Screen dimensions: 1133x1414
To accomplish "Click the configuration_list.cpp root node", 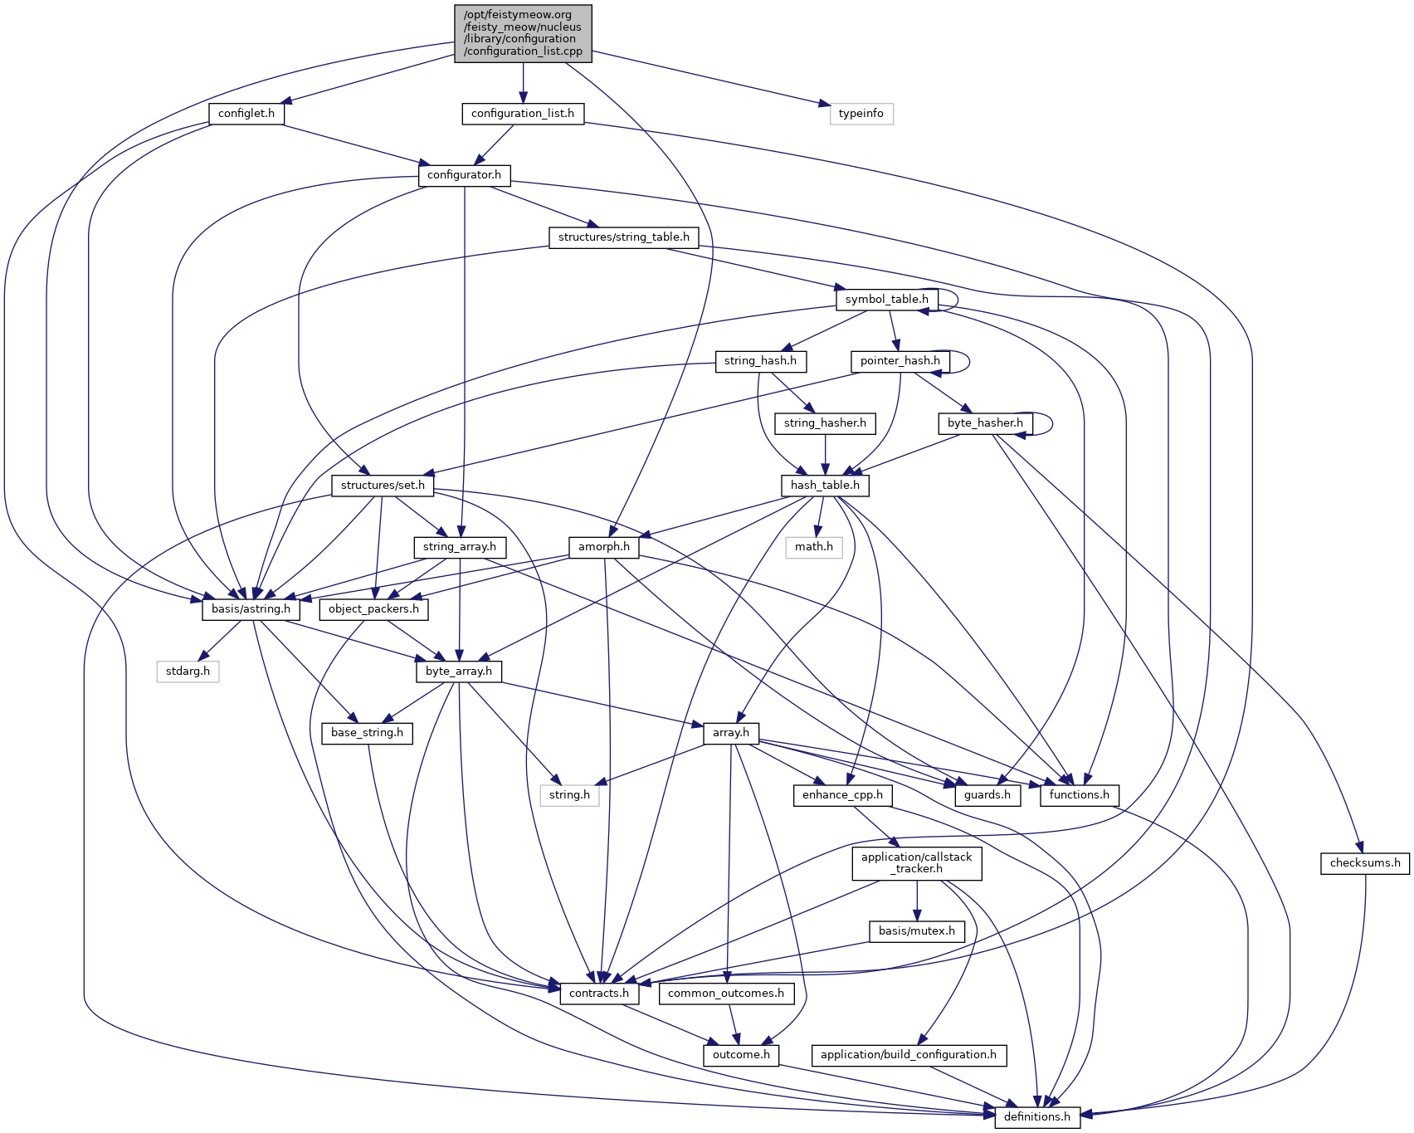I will pyautogui.click(x=523, y=33).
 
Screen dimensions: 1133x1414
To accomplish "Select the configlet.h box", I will pyautogui.click(x=246, y=114).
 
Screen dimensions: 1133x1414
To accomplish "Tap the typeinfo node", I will pyautogui.click(x=861, y=114).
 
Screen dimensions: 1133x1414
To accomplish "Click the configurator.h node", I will pyautogui.click(x=464, y=175).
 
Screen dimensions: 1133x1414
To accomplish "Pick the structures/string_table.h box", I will pyautogui.click(x=623, y=237).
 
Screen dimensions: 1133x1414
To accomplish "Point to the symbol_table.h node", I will pyautogui.click(x=886, y=300).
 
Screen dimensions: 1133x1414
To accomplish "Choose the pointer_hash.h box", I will pyautogui.click(x=900, y=361).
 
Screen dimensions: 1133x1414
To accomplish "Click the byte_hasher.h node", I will pyautogui.click(x=985, y=423).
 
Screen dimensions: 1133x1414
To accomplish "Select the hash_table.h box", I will pyautogui.click(x=825, y=485).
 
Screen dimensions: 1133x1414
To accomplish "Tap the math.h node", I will pyautogui.click(x=814, y=547).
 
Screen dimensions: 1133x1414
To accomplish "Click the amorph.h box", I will pyautogui.click(x=603, y=547).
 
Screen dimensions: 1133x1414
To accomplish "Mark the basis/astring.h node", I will pyautogui.click(x=251, y=609).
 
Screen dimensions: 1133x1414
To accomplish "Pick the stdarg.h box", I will pyautogui.click(x=188, y=671).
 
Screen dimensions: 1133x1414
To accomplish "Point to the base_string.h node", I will pyautogui.click(x=367, y=733).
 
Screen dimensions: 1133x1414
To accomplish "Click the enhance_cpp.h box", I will pyautogui.click(x=842, y=795).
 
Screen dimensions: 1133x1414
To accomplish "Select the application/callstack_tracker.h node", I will pyautogui.click(x=916, y=863).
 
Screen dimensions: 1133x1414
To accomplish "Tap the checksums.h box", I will pyautogui.click(x=1364, y=863).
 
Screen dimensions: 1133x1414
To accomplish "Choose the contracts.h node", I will pyautogui.click(x=598, y=994).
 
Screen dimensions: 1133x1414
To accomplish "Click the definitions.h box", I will pyautogui.click(x=1036, y=1117).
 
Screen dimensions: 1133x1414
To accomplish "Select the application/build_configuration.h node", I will pyautogui.click(x=908, y=1055).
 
